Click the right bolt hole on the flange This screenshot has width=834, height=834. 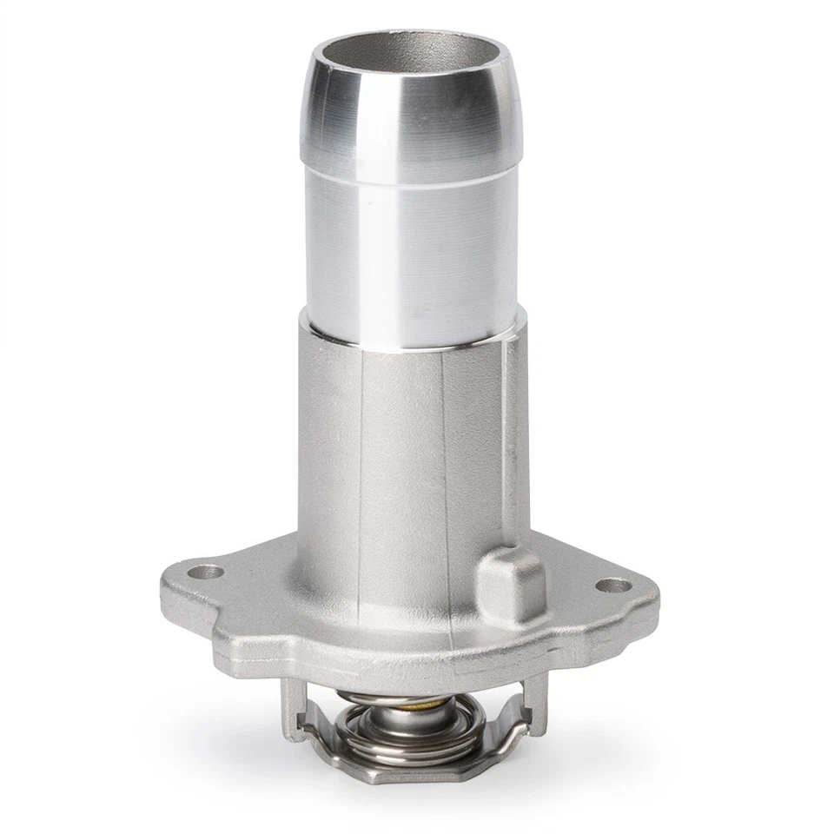[613, 586]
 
